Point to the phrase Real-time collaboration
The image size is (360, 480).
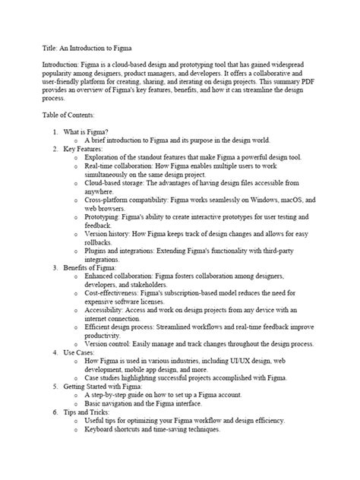tap(121, 175)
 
